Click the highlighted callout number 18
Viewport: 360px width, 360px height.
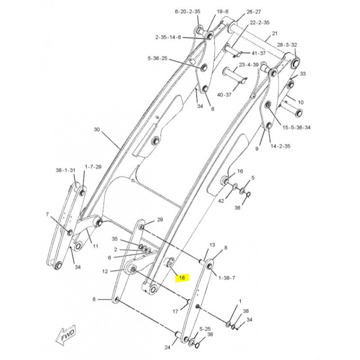[182, 278]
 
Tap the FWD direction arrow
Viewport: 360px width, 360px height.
[66, 335]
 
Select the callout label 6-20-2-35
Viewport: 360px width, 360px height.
[188, 12]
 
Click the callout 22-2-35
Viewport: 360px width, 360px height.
[260, 22]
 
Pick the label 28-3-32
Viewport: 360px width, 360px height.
[287, 45]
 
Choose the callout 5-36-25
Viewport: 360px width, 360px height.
[157, 58]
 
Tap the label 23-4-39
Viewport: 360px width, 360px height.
[249, 65]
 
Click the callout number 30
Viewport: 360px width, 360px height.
[97, 130]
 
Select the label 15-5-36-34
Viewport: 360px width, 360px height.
[296, 127]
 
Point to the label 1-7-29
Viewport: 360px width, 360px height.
[93, 166]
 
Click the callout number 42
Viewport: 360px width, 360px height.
[221, 201]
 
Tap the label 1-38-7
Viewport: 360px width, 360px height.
[227, 278]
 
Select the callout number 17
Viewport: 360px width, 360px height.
[175, 311]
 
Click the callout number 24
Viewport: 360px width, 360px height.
[167, 347]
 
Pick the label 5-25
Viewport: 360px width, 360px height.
[205, 329]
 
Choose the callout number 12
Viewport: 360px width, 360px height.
[105, 272]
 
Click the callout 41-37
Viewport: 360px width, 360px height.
[258, 53]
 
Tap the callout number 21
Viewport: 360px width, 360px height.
[274, 33]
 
